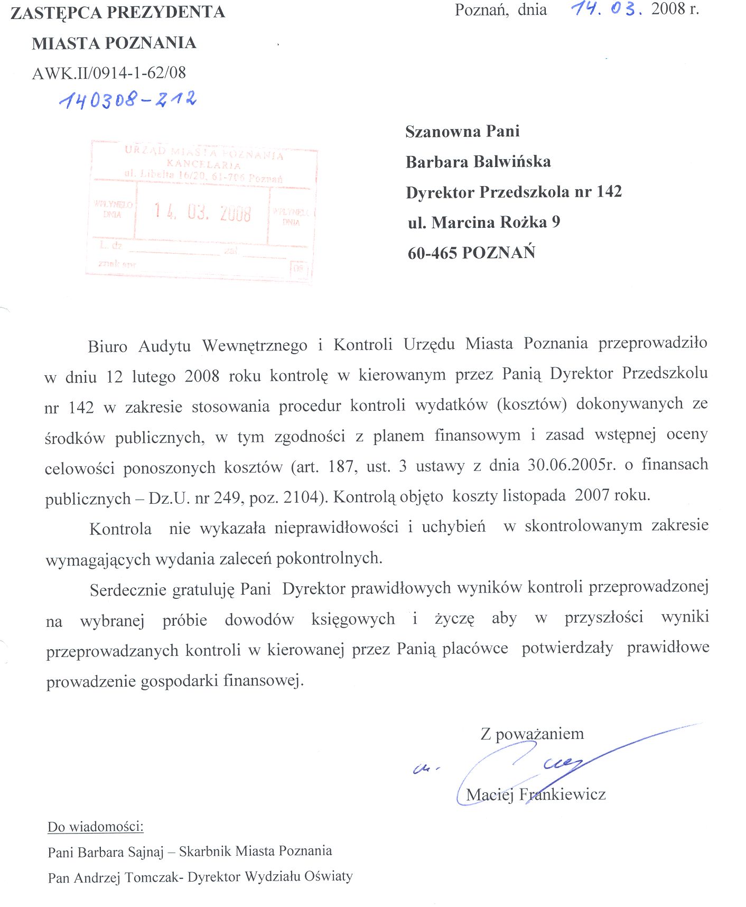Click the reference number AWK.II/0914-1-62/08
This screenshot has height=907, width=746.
click(x=109, y=73)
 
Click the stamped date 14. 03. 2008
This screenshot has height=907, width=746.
click(x=202, y=212)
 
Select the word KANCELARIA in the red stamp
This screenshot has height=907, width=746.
click(x=203, y=164)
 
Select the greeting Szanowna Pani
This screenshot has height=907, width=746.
click(x=462, y=131)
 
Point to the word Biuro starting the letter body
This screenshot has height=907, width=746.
click(x=107, y=346)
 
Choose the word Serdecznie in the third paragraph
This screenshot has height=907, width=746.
click(x=129, y=590)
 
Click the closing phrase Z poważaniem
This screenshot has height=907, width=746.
click(x=532, y=734)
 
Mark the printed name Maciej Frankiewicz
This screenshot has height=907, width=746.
click(x=536, y=794)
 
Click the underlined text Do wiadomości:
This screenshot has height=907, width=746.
click(x=96, y=827)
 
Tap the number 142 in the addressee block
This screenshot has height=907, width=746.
click(x=609, y=191)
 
